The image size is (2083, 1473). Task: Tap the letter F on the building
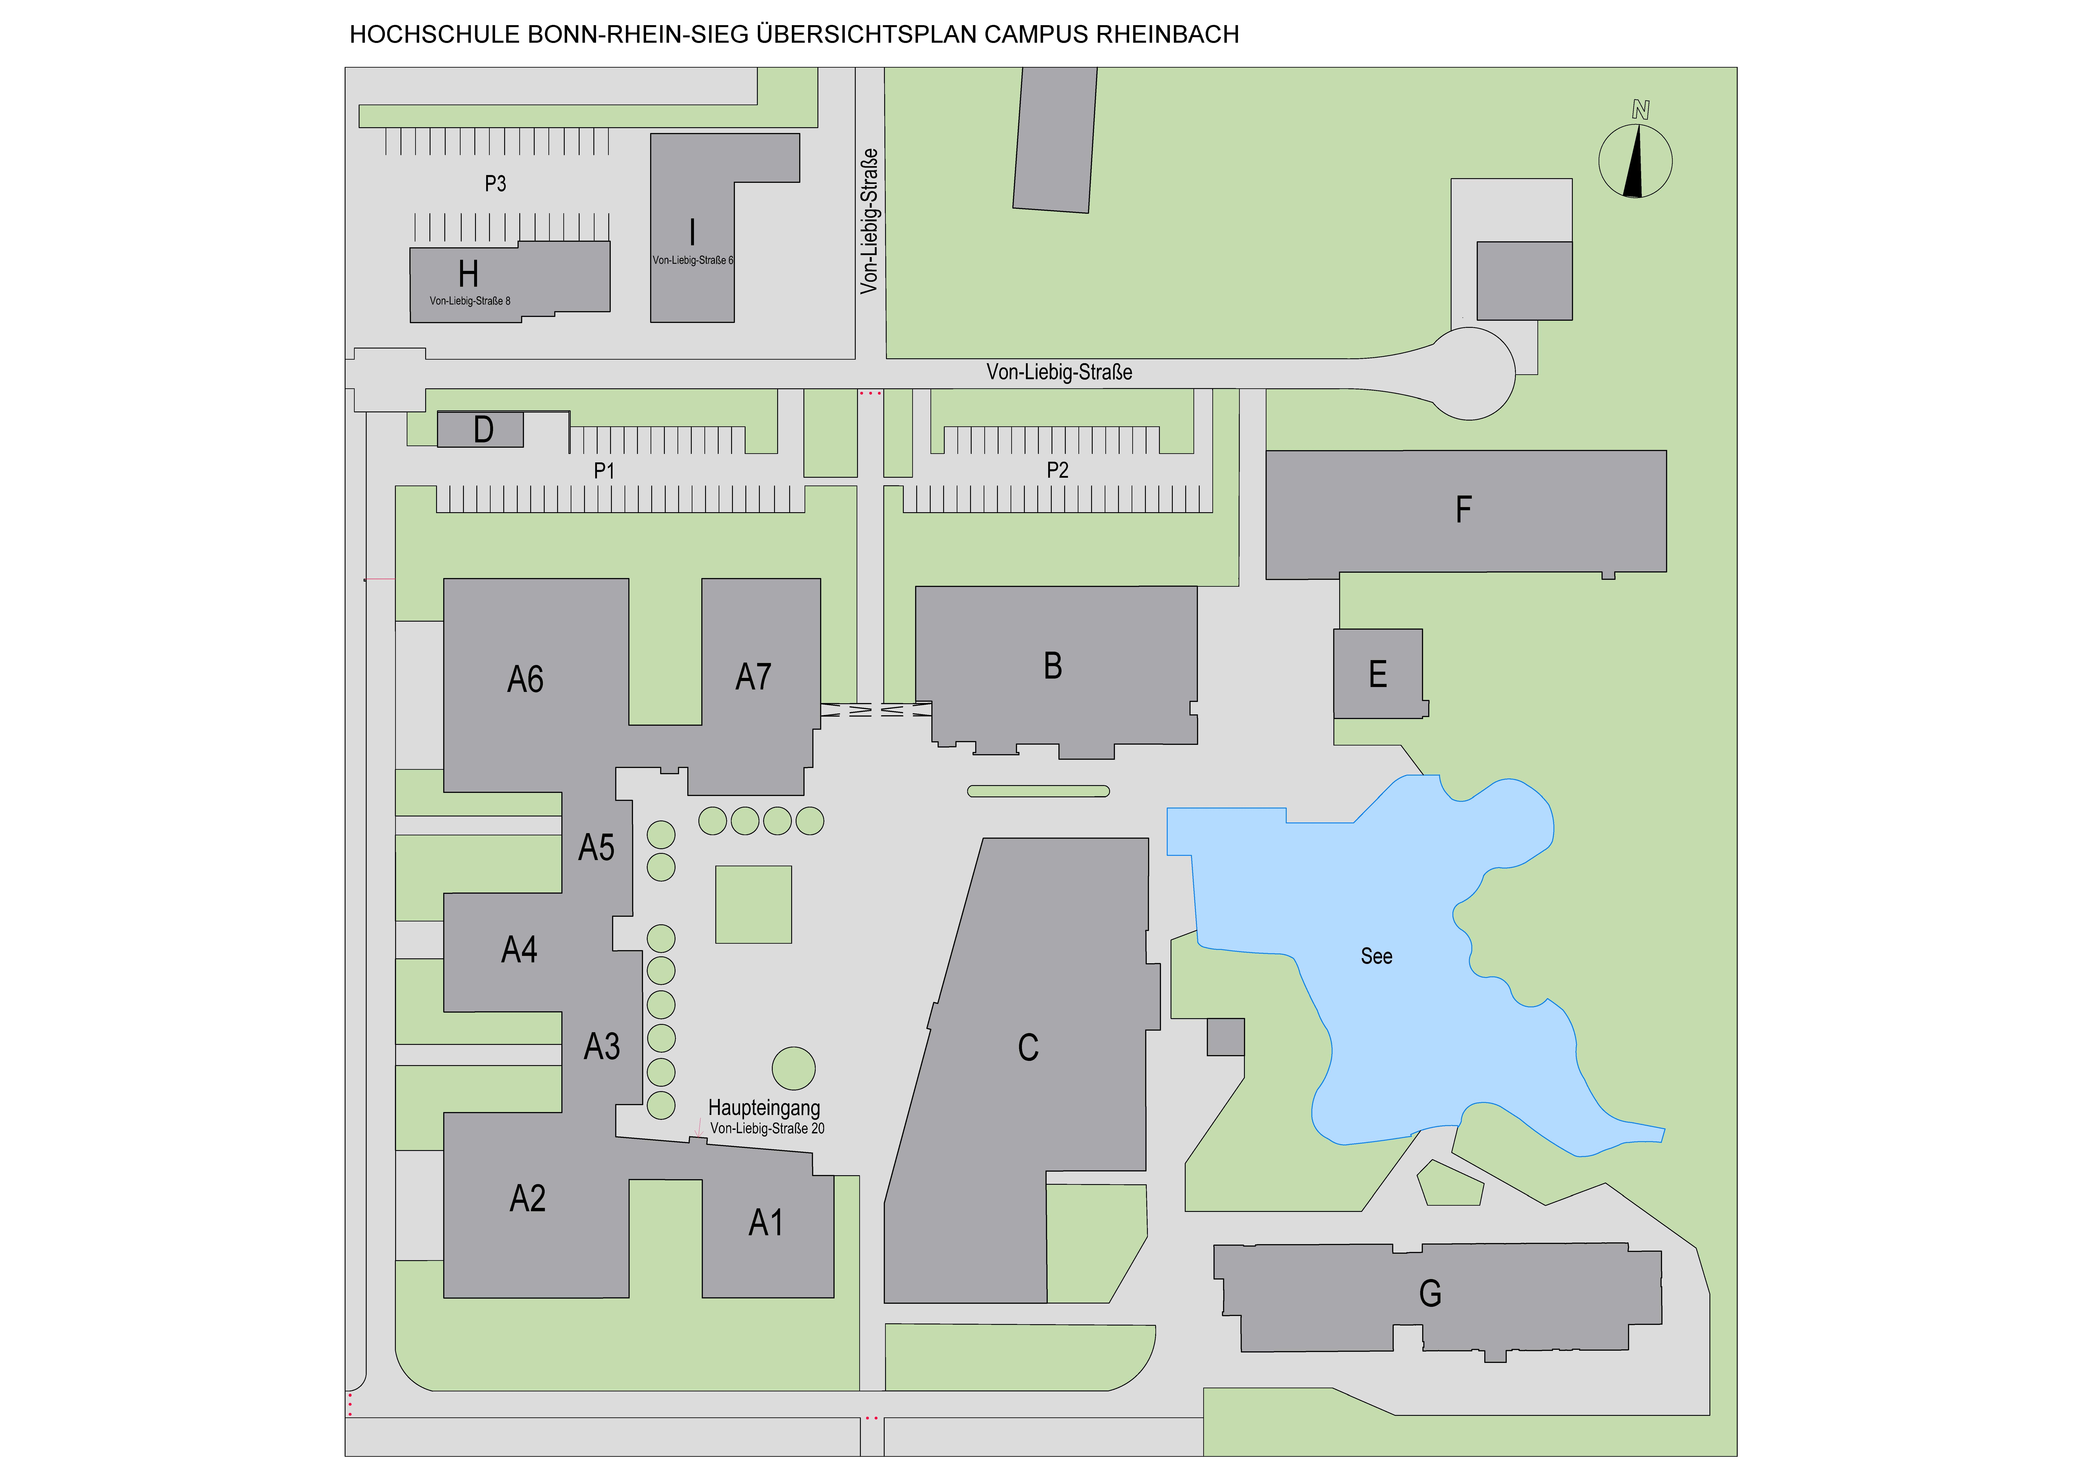(1463, 510)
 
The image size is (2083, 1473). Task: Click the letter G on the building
(1430, 1294)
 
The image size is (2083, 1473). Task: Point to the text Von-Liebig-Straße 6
(692, 260)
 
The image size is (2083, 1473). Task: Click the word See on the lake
(1376, 956)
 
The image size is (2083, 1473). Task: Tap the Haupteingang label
(764, 1107)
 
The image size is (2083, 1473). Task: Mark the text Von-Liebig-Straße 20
(768, 1128)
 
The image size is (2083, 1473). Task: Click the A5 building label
(596, 847)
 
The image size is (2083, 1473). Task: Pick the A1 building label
(766, 1223)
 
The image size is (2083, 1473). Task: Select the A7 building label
(753, 677)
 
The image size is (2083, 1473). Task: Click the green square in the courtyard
(753, 904)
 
